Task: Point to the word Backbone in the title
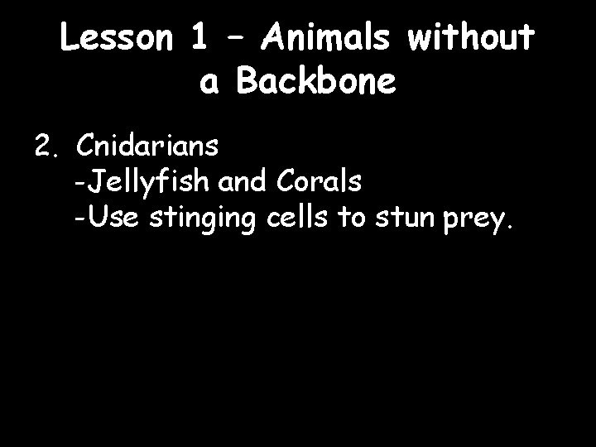tap(317, 82)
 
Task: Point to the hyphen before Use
tap(77, 220)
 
